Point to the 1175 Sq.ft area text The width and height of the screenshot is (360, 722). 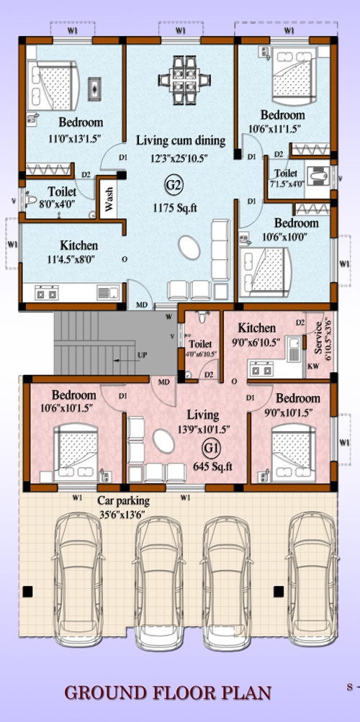coord(175,208)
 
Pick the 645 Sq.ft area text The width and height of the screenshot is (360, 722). coord(212,466)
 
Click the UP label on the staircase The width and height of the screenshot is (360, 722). coord(143,356)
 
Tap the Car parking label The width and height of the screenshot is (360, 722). coord(123,500)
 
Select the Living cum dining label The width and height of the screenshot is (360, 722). coord(181,140)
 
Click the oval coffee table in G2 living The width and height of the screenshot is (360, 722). coord(189,248)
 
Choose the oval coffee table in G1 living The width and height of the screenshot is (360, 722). coord(164,441)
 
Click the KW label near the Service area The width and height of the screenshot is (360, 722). coord(312,366)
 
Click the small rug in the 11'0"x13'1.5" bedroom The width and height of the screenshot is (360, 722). coord(95,87)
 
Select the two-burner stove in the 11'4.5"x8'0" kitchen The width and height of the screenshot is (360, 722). coord(47,293)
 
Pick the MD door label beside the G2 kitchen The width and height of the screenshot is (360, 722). coord(141,304)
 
